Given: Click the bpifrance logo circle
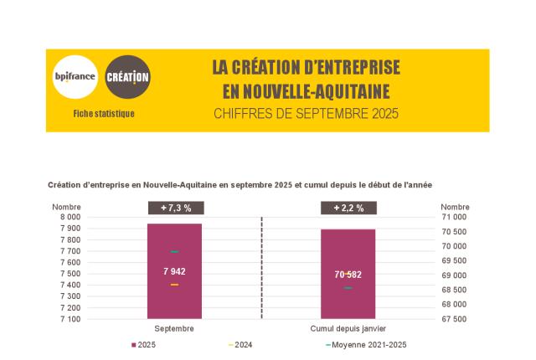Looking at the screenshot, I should coord(75,78).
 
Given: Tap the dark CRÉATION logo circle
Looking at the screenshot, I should coord(128,78).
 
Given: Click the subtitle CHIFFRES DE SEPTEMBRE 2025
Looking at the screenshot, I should coord(306,113).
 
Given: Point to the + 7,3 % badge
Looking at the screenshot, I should coord(174,208).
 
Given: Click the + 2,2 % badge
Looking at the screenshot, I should coord(348,208).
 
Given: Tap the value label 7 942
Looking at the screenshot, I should coord(174,270).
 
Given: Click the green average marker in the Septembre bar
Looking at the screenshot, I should coord(174,251).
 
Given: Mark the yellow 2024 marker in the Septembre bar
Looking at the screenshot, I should coord(174,285).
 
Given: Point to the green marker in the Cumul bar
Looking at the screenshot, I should coord(348,288).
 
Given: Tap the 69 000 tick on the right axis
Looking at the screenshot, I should coord(455,275).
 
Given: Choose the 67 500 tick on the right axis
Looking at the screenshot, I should coord(455,319).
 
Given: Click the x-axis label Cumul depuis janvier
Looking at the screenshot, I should coord(348,328).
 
